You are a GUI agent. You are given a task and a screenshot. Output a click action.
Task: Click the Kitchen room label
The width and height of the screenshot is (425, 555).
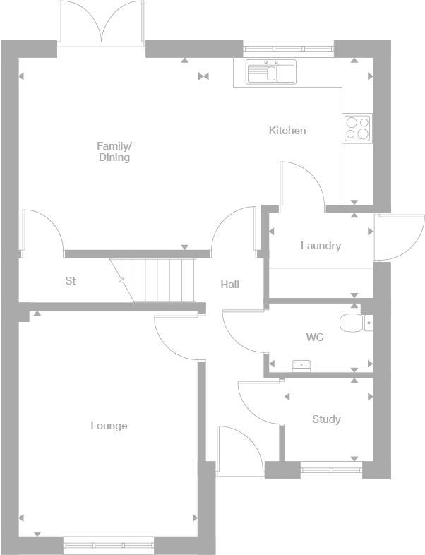[287, 131]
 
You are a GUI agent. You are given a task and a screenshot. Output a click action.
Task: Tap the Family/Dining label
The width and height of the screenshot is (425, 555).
[114, 152]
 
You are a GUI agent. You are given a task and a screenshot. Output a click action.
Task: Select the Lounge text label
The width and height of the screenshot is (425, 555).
[109, 426]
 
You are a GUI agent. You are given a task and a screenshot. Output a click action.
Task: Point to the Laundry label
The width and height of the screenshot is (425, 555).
[321, 246]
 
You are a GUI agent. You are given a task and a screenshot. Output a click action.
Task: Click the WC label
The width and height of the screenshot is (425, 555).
[315, 338]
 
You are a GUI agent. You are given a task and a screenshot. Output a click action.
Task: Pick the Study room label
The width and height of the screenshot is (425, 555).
[326, 419]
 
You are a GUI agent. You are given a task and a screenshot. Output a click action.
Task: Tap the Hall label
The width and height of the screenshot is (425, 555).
[229, 285]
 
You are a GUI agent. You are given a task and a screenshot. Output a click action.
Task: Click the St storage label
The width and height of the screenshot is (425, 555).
[71, 281]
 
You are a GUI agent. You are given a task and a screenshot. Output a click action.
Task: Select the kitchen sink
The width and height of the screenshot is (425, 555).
[271, 72]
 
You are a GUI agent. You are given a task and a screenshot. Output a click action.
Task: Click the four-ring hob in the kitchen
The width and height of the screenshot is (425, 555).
[357, 128]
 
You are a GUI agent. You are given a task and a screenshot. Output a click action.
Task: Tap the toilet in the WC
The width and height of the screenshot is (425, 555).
[352, 323]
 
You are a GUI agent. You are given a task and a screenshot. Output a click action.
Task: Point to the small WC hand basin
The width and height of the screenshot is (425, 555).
[302, 365]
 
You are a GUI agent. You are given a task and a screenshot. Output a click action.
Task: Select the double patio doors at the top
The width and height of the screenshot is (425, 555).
[102, 23]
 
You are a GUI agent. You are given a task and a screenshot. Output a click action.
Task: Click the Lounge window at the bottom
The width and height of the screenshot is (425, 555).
[109, 544]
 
